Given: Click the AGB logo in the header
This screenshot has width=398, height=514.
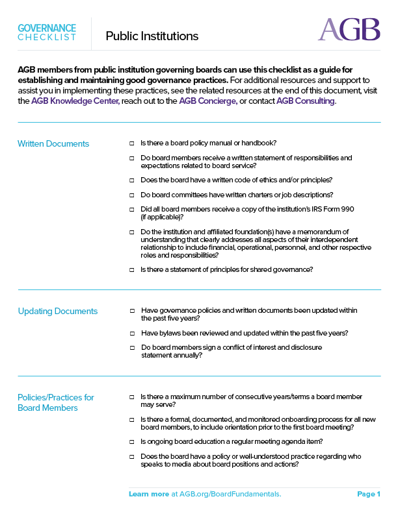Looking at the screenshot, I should coord(349,29).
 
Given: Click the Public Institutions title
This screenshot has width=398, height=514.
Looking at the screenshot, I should coord(152,36).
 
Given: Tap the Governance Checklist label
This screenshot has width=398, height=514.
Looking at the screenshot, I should coord(47,32).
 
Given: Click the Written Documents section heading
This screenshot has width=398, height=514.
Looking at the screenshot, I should coord(53,143).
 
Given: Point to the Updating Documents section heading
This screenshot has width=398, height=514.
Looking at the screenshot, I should coord(57,311).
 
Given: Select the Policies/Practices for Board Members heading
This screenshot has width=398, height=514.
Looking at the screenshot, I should coord(56,402).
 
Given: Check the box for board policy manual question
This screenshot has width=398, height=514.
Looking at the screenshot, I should coord(131,143).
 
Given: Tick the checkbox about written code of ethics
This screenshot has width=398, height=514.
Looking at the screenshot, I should coord(131,180).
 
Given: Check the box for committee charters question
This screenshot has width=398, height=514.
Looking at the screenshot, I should coord(131,195).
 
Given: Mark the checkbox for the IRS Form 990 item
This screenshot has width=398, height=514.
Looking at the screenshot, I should coord(131,209).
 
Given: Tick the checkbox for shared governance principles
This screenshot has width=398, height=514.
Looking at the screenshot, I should coord(131,269).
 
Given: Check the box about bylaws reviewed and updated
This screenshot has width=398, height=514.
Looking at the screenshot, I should coord(131,333).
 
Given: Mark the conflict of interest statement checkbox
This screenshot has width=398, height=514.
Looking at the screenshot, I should coord(131,347).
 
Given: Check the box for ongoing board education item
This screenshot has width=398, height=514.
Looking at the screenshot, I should coord(131,441).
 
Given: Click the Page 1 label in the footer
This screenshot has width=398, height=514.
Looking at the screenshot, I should coord(369,495).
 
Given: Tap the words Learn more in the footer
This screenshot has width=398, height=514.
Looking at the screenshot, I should coord(149,495).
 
